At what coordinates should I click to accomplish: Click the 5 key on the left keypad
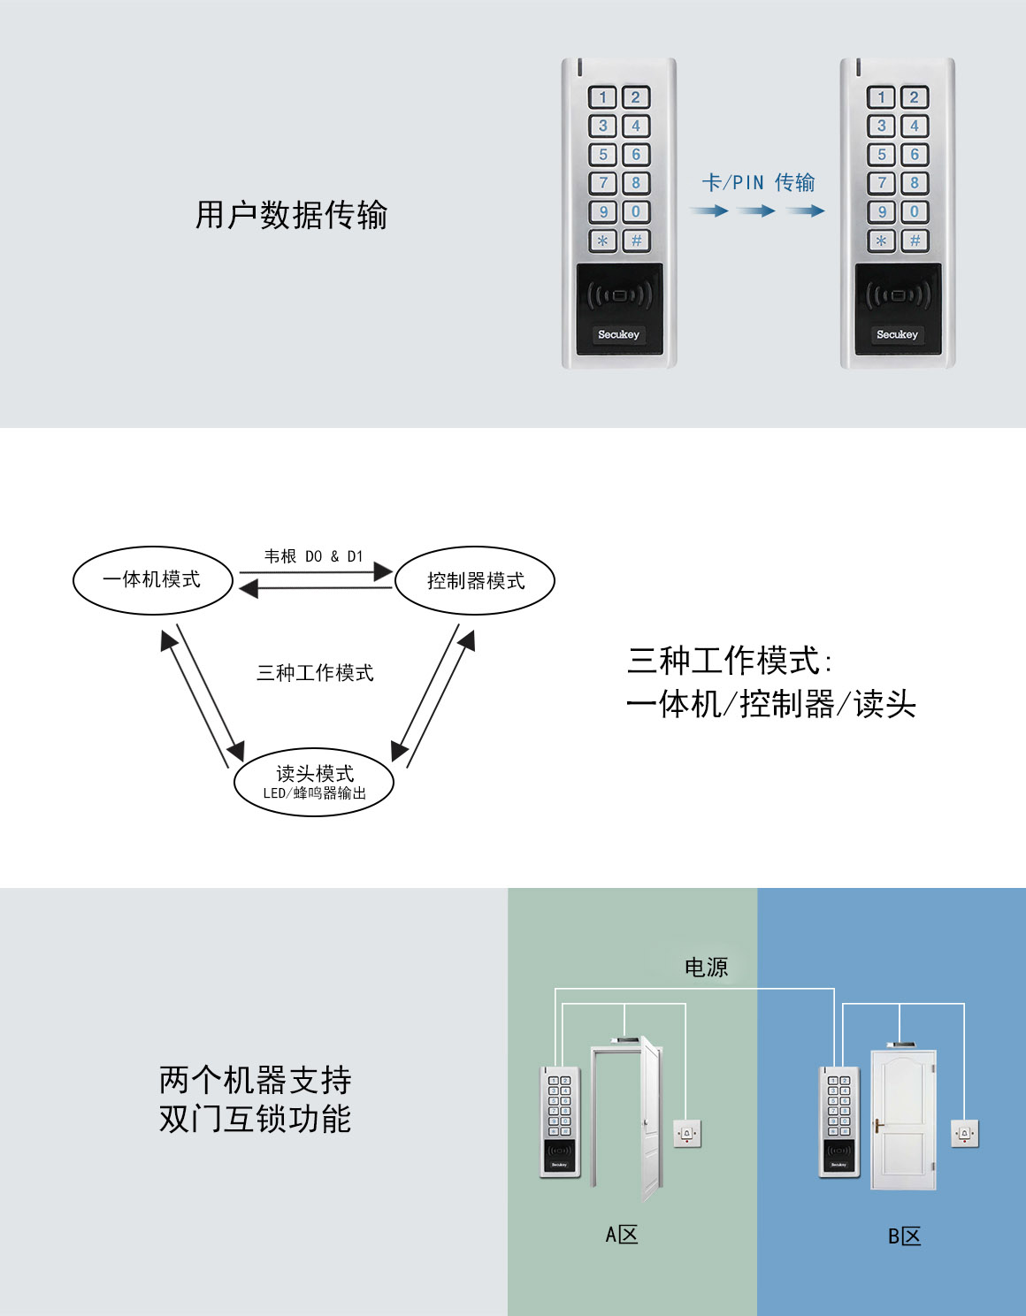[603, 155]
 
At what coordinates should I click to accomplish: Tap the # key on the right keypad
[915, 241]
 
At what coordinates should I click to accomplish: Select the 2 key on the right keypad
[915, 97]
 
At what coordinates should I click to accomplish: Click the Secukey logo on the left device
[618, 334]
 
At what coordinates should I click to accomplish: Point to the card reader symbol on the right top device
[897, 295]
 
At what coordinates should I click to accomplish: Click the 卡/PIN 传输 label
[758, 183]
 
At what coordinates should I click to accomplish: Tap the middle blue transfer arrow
[756, 211]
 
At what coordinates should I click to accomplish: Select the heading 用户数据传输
[292, 215]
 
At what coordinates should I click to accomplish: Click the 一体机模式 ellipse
[152, 580]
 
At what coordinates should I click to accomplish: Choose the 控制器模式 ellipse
[475, 581]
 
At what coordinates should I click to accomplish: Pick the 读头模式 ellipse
[314, 781]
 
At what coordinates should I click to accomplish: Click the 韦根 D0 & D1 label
[314, 556]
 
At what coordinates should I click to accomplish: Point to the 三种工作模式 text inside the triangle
[315, 673]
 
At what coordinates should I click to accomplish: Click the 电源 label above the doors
[706, 968]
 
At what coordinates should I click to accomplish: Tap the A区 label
[622, 1235]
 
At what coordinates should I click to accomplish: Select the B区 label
[904, 1236]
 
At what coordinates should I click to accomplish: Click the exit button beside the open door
[687, 1133]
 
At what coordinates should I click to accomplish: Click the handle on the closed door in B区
[878, 1126]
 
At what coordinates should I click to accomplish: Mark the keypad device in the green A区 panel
[559, 1121]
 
